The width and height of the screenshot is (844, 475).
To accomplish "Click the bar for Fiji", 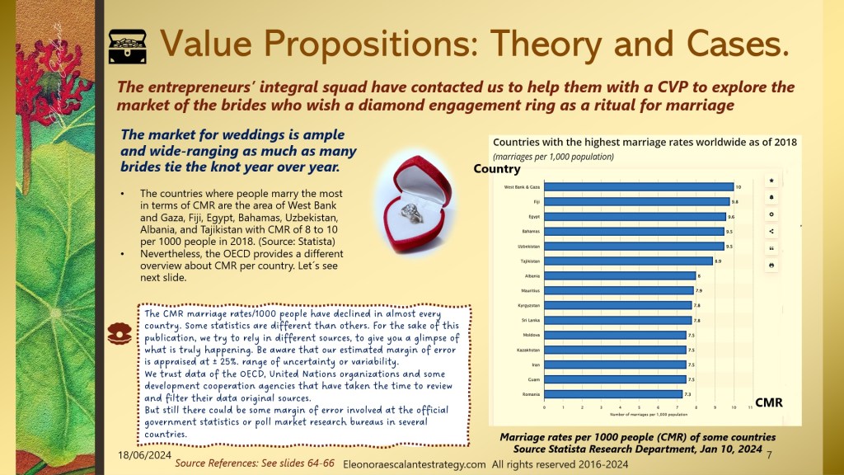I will pos(636,201).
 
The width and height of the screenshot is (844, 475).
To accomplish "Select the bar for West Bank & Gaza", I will pos(639,187).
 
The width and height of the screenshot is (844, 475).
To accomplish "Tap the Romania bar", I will pos(612,394).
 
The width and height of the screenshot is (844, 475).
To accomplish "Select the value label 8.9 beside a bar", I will pos(719,261).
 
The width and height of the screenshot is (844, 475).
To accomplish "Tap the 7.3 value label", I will pos(688,394).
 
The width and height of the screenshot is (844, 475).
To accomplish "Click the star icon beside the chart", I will pos(771,180).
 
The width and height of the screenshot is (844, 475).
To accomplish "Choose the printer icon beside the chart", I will pos(771,265).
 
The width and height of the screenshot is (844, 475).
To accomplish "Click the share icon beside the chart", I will pos(771,231).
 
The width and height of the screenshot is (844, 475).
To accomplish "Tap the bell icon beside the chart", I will pos(771,197).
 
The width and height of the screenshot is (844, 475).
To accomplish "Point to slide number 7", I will pos(768,455).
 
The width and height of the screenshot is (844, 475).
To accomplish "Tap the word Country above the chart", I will pos(497,169).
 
